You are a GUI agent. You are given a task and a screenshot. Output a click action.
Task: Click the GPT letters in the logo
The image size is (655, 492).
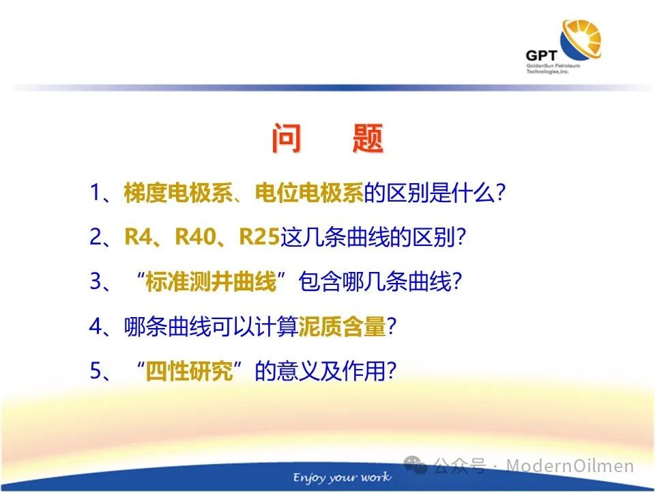tap(541, 55)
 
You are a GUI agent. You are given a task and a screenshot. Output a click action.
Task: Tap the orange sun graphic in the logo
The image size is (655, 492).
tap(582, 38)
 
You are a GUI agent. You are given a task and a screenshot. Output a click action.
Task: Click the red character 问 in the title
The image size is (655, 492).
tap(287, 139)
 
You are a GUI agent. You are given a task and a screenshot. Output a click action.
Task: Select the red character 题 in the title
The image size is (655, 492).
tap(368, 139)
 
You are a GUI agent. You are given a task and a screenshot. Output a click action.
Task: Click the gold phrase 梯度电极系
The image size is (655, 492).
tap(178, 193)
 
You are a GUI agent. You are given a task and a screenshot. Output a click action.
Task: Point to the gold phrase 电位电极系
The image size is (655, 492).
tap(309, 193)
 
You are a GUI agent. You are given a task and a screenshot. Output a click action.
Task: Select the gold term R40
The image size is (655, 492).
tap(196, 237)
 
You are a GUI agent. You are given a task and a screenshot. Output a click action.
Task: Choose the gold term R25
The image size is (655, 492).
tap(259, 237)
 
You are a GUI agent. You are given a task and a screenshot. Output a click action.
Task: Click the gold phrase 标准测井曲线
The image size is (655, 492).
tap(211, 281)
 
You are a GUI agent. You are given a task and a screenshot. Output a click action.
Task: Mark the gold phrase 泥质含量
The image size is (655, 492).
tap(342, 327)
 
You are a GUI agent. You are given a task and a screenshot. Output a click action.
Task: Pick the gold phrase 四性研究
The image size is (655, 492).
tap(189, 370)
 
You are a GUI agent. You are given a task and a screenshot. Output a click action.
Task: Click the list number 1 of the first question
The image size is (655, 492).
tap(94, 193)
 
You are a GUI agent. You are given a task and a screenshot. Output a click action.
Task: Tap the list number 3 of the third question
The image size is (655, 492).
tap(96, 281)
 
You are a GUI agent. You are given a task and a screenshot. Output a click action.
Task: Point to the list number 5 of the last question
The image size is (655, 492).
tap(96, 370)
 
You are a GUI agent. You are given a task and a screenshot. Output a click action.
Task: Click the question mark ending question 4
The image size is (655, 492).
tap(392, 327)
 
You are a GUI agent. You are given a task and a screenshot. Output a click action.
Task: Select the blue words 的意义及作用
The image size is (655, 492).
tap(320, 370)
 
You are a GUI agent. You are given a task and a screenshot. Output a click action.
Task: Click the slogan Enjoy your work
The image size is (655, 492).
tap(342, 477)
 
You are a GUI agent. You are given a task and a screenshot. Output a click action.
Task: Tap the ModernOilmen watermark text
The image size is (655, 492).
tap(570, 465)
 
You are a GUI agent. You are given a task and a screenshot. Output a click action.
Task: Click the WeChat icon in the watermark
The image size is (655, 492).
tap(416, 465)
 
